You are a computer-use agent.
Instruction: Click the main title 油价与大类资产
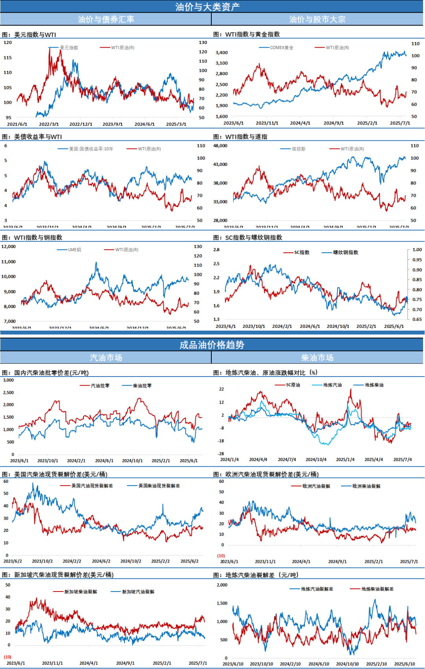click(207, 7)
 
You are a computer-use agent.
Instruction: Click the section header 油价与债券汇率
click(106, 19)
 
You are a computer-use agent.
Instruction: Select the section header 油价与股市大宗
click(317, 19)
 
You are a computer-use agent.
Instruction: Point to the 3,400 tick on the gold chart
click(222, 53)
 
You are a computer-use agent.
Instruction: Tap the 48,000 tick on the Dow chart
click(220, 146)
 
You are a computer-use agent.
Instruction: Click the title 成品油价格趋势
click(212, 345)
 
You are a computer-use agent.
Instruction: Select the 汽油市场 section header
click(106, 358)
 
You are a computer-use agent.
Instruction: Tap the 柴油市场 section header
click(317, 358)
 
